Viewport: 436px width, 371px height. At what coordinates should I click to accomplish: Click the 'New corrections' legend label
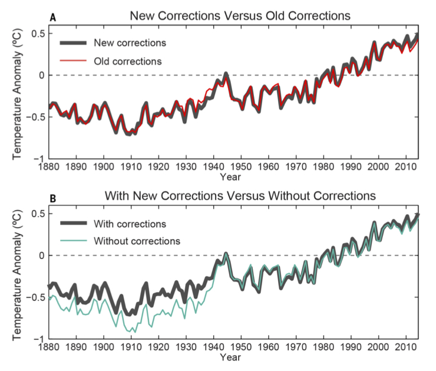pos(130,43)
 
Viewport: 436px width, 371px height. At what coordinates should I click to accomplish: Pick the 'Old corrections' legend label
pos(128,60)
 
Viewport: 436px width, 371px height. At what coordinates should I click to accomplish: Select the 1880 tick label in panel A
pos(49,168)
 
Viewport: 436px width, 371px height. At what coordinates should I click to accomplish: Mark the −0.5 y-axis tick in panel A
pos(35,117)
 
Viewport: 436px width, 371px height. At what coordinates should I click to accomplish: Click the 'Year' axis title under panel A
pos(230,176)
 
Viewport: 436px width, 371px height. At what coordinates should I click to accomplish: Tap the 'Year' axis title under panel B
pos(230,357)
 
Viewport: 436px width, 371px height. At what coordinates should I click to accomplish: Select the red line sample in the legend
pos(74,60)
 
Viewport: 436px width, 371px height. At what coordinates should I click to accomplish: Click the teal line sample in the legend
pos(74,241)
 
